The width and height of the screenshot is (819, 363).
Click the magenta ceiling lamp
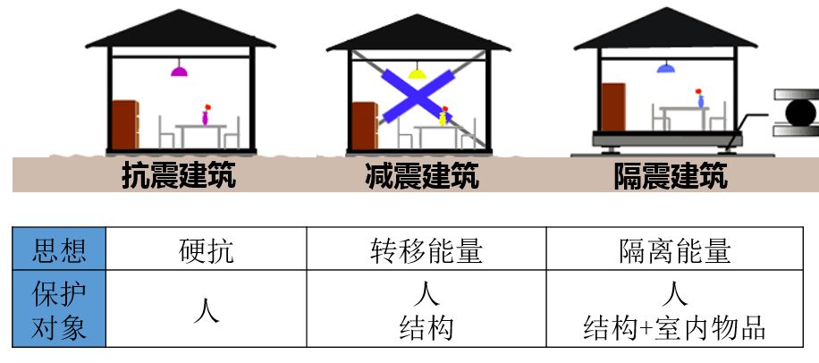179,71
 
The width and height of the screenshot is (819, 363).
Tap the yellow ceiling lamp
418,72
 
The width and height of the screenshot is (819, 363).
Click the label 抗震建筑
179,175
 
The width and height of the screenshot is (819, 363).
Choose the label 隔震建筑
670,175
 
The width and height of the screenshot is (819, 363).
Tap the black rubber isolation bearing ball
796,113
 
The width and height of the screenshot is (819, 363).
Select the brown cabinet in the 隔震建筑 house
613,107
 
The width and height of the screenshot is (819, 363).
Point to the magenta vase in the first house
206,117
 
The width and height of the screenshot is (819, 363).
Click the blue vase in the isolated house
701,100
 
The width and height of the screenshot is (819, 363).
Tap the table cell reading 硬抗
206,250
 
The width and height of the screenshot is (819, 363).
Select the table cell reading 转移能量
426,250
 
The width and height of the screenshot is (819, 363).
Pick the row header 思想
59,250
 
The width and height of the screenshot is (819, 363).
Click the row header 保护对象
59,311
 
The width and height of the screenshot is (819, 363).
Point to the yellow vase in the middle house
442,117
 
